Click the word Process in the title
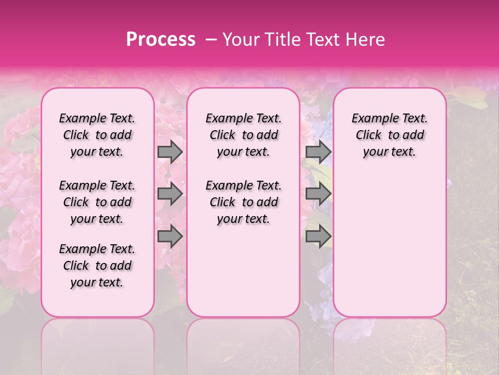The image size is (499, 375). (x=161, y=40)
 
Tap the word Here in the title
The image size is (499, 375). (x=364, y=40)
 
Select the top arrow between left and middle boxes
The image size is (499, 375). (x=170, y=152)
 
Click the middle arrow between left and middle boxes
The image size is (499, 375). (x=170, y=194)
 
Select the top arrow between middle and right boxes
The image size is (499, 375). (x=318, y=152)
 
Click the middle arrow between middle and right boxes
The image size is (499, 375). (x=318, y=194)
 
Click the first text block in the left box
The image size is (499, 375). (x=97, y=135)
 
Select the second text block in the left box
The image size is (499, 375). (x=97, y=202)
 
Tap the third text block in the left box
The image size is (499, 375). (x=97, y=266)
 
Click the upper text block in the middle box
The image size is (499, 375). (x=243, y=135)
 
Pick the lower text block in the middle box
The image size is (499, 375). (x=243, y=202)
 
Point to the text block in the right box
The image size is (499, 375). (x=390, y=135)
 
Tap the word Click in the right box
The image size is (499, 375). (x=369, y=135)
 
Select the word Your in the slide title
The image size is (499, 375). (x=241, y=40)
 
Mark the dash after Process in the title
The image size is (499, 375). (x=212, y=40)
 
